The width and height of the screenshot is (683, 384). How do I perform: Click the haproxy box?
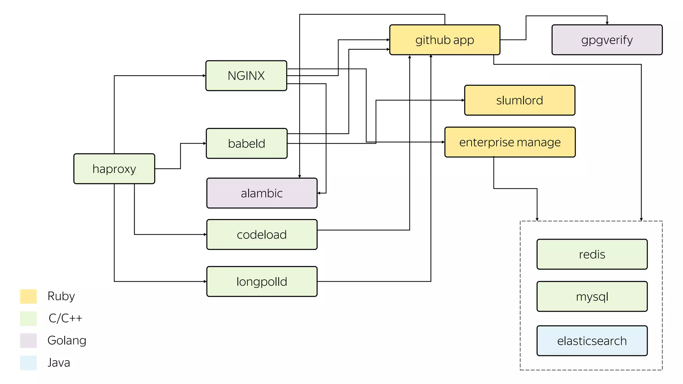pos(114,169)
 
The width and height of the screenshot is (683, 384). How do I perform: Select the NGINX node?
pos(246,76)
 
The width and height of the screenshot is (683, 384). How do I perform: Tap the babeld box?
pos(246,143)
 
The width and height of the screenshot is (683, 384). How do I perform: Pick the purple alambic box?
pos(262,193)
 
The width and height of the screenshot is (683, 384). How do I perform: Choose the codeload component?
pos(262,234)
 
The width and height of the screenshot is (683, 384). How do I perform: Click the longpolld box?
pos(262,281)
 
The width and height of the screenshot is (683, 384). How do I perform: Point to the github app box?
pos(445,40)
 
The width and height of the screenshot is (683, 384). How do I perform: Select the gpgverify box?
pos(607,40)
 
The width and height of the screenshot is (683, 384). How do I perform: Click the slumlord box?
pos(520,100)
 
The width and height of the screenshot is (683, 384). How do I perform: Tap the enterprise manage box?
pos(510,142)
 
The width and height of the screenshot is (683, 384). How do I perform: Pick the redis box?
pos(592,254)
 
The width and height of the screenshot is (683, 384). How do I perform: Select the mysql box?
pos(592,296)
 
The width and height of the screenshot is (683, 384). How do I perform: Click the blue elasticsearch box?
pos(592,341)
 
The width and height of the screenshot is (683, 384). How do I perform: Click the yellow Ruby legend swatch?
pos(28,296)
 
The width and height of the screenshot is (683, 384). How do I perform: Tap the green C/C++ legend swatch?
pos(28,318)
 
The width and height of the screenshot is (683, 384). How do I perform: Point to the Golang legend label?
pos(67,340)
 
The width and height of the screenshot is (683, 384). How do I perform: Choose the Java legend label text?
pos(59,362)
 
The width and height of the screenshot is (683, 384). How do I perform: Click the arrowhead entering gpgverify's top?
pos(607,23)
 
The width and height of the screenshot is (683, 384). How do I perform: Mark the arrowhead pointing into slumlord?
pos(463,100)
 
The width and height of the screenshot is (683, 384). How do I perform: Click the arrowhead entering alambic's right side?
pos(319,193)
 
